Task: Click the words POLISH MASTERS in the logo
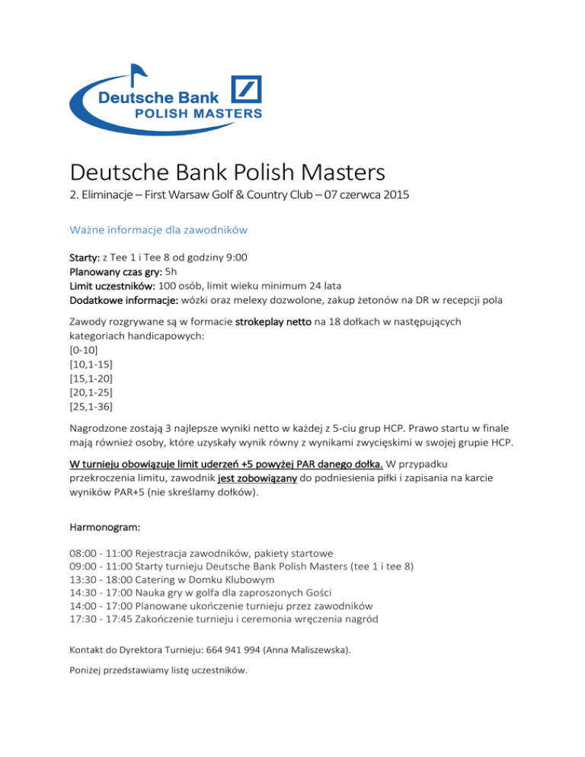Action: click(x=198, y=113)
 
